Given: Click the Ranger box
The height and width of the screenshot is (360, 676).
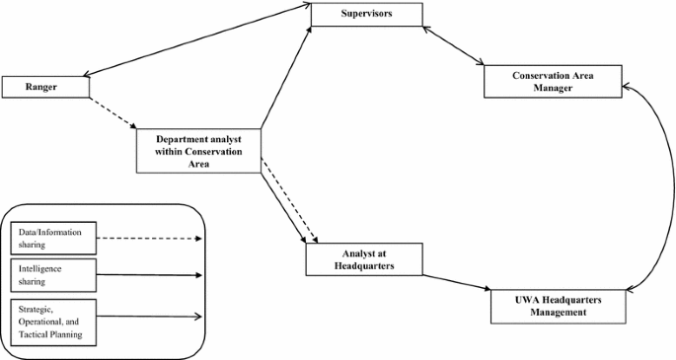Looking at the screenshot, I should click(x=45, y=87).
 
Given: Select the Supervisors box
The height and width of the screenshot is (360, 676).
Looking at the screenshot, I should click(x=366, y=15).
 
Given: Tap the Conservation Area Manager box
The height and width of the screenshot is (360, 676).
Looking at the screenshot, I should click(x=553, y=82).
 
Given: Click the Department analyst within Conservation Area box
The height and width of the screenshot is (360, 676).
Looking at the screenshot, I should click(x=197, y=151).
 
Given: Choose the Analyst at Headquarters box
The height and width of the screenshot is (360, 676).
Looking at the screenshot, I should click(x=364, y=259).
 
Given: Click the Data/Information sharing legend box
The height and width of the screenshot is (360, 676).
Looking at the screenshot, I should click(x=54, y=238).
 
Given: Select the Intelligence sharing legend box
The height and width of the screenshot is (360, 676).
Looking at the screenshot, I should click(x=54, y=273).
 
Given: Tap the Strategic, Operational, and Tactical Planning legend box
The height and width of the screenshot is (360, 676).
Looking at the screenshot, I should click(x=54, y=322).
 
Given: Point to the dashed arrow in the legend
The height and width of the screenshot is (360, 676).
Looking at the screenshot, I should click(x=148, y=238).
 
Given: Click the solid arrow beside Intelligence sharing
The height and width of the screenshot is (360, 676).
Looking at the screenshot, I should click(x=148, y=274).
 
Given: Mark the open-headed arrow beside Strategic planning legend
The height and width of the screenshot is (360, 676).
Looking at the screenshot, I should click(x=148, y=317).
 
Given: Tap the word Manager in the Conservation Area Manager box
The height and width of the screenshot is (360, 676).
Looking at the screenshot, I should click(x=553, y=89).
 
